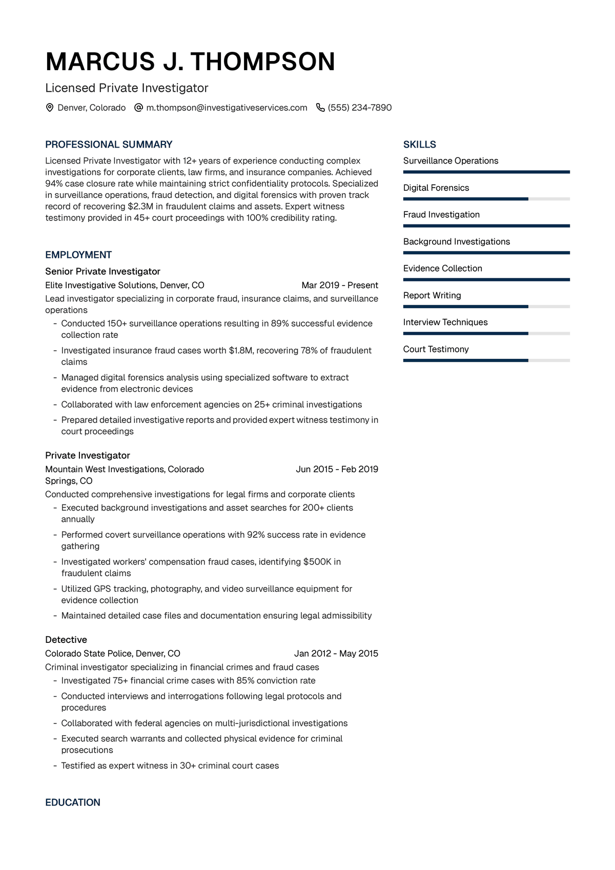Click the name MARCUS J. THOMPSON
190,62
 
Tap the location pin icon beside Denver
50,108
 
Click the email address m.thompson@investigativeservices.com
227,108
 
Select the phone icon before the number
320,108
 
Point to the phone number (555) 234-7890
360,108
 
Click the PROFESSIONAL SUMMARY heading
109,145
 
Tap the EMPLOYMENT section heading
78,255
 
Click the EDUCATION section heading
73,802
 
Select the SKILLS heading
420,145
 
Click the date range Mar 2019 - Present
340,285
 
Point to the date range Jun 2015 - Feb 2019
337,469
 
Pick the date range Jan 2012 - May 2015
336,653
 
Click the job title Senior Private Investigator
102,271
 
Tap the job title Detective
66,639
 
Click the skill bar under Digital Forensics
486,199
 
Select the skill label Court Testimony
436,349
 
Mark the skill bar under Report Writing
486,307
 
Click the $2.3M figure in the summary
140,206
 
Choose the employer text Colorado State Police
89,653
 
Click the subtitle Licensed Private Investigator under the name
127,88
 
